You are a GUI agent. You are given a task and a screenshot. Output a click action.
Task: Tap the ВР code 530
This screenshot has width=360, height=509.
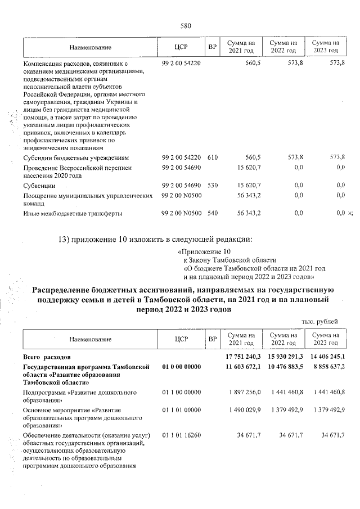(212, 185)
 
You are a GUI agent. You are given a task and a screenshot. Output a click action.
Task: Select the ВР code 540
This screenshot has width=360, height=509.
(212, 213)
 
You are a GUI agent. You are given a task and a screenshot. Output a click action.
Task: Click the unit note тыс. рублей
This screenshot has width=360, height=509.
(320, 321)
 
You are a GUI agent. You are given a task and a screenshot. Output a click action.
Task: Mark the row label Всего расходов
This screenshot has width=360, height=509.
(47, 357)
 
